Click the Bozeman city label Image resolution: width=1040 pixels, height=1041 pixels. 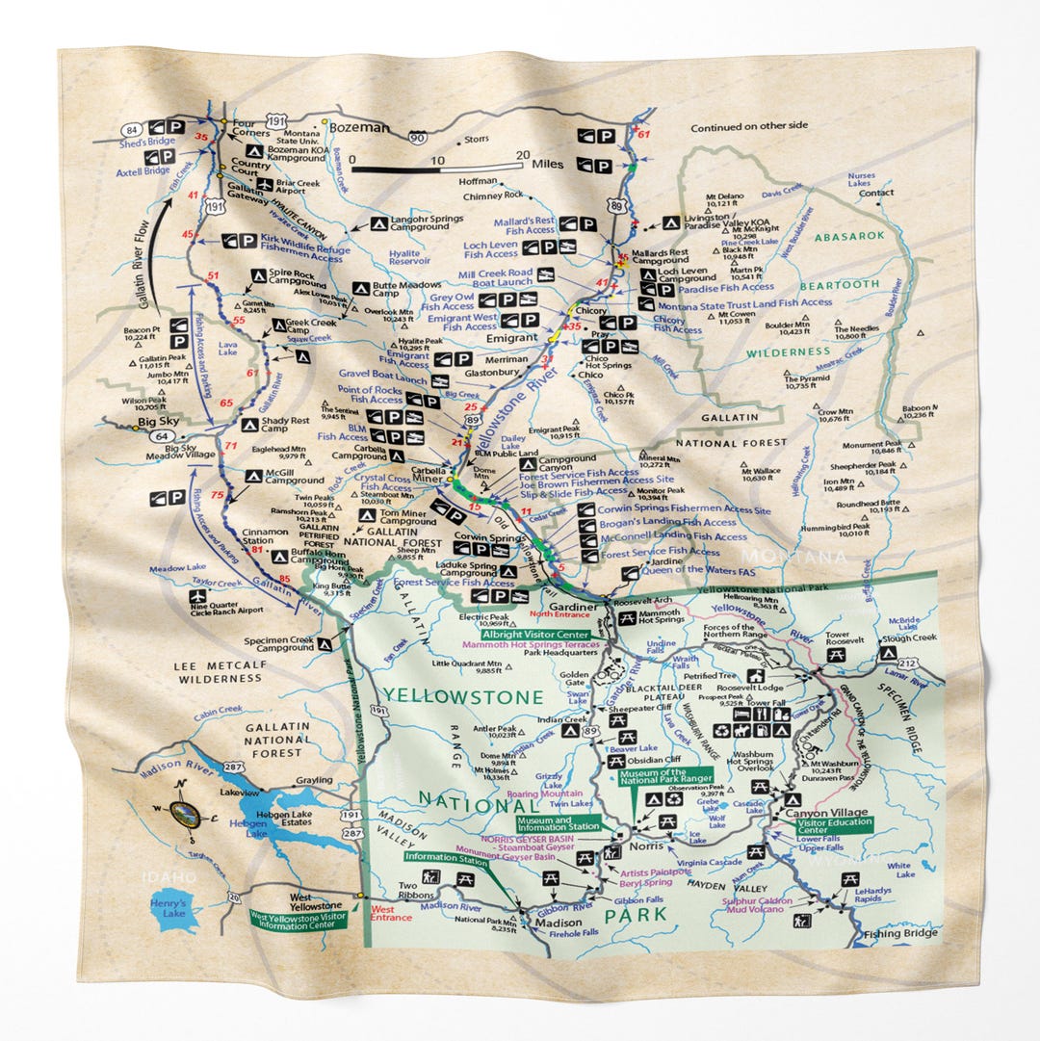coord(360,127)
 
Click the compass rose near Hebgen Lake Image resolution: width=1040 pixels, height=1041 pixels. coord(183,814)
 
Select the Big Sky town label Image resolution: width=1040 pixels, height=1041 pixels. coord(159,422)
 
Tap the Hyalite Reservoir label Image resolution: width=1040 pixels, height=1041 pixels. coord(410,255)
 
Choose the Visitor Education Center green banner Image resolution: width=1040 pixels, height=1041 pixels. coord(835,827)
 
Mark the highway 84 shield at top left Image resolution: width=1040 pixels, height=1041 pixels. coord(132,128)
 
